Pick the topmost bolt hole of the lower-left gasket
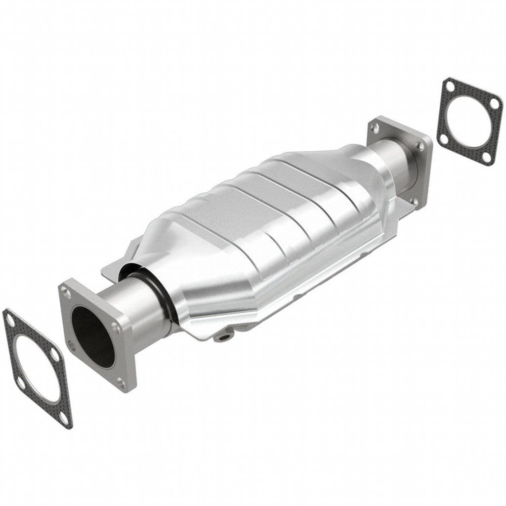pos(10,321)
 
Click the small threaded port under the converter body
pos(225,337)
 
